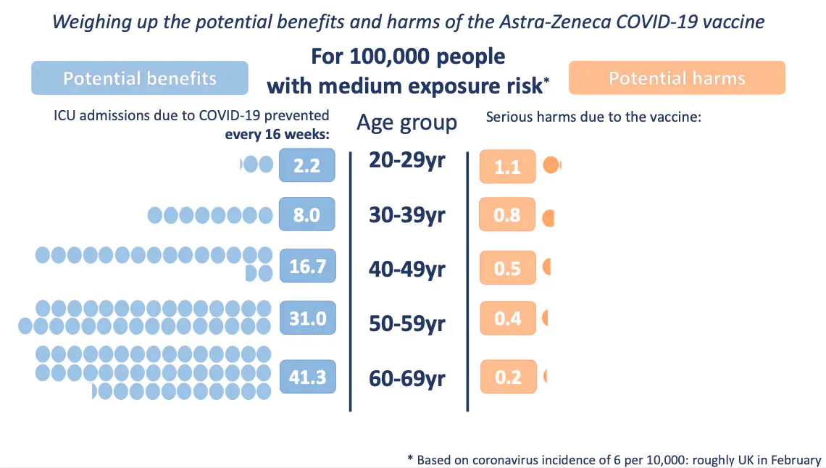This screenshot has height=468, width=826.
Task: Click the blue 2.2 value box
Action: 306,165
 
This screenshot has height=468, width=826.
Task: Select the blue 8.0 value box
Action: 306,214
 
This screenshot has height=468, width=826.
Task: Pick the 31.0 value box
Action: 306,317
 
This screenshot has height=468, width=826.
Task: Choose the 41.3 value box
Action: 306,377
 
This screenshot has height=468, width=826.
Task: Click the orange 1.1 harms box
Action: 507,167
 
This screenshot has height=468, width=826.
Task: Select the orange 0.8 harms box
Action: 507,214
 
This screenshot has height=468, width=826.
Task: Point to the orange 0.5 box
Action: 507,268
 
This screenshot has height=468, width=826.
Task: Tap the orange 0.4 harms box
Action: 507,319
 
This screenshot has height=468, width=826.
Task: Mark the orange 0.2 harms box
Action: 508,377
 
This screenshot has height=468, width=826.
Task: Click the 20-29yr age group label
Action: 406,160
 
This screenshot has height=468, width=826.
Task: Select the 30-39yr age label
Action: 406,215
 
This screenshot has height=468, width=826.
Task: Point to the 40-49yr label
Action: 406,269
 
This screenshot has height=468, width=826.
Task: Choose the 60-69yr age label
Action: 406,377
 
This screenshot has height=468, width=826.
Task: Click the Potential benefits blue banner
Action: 140,78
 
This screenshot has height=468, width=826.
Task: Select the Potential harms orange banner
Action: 677,78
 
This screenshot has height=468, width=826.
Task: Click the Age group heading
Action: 406,122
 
